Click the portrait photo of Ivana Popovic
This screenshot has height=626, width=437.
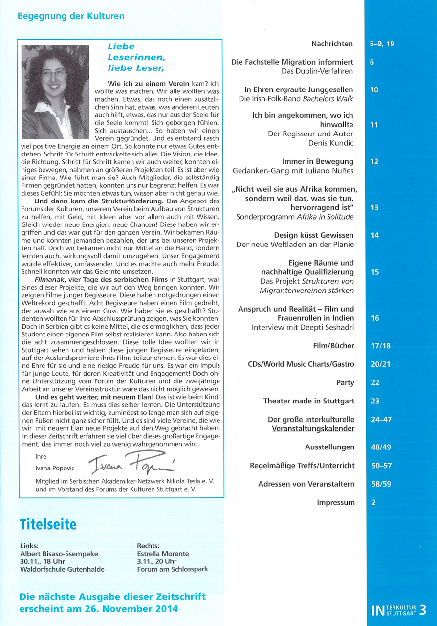pos(56,92)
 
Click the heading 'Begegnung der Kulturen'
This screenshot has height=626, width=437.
pos(71,16)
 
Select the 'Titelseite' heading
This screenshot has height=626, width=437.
pos(48,525)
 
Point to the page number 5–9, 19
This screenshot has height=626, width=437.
pos(382,44)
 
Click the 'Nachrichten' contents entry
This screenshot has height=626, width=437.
pos(332,44)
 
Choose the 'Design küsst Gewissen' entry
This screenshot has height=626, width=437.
pos(313,235)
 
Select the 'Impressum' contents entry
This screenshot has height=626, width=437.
pos(336,503)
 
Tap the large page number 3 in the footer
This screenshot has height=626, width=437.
pos(422,610)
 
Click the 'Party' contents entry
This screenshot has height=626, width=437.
pos(345,383)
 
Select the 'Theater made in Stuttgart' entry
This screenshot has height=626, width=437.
pos(308,402)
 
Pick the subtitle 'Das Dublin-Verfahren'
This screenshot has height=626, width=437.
pos(317,71)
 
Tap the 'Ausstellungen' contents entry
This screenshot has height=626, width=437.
pos(329,447)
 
